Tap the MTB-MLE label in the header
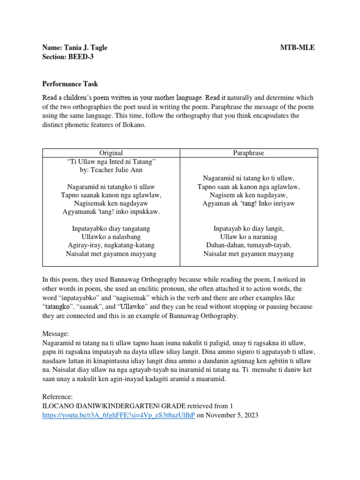click(x=298, y=48)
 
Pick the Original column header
click(x=111, y=153)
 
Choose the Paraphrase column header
click(x=249, y=153)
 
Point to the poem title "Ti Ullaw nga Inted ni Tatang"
click(x=111, y=162)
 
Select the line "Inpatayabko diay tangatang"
click(x=111, y=228)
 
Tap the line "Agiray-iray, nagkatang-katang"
click(x=111, y=245)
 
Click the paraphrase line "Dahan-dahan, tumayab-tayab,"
click(x=249, y=245)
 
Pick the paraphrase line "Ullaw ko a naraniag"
click(x=249, y=237)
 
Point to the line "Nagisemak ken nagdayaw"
click(x=111, y=203)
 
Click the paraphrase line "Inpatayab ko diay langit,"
click(x=249, y=228)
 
